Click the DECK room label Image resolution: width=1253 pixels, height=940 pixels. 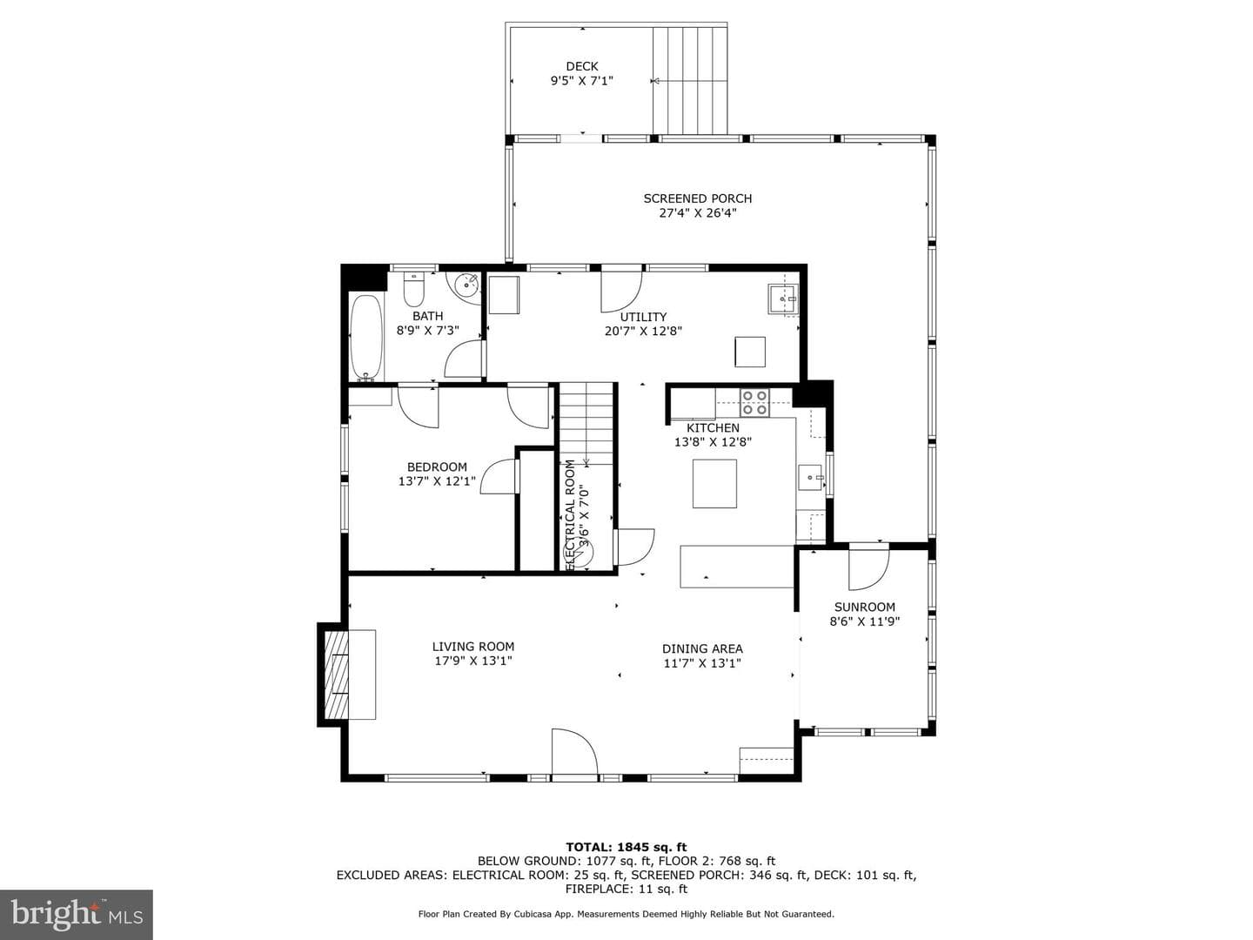click(x=582, y=66)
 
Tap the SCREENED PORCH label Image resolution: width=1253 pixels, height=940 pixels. click(x=698, y=198)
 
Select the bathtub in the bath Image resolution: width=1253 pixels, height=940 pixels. click(x=366, y=338)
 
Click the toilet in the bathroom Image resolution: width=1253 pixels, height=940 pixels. click(x=413, y=289)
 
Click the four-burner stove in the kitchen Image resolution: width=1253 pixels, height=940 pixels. click(x=754, y=402)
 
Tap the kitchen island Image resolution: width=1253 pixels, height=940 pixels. click(x=714, y=483)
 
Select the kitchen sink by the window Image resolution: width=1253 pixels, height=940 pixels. click(x=811, y=478)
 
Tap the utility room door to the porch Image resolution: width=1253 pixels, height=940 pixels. click(x=621, y=292)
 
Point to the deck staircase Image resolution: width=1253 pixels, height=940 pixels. click(x=690, y=80)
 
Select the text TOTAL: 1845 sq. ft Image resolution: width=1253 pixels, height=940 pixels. click(x=626, y=847)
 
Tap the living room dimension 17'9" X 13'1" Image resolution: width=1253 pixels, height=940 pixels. click(x=472, y=661)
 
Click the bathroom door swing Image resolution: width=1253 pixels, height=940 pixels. click(x=464, y=359)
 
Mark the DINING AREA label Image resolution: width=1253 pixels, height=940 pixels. click(x=702, y=648)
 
